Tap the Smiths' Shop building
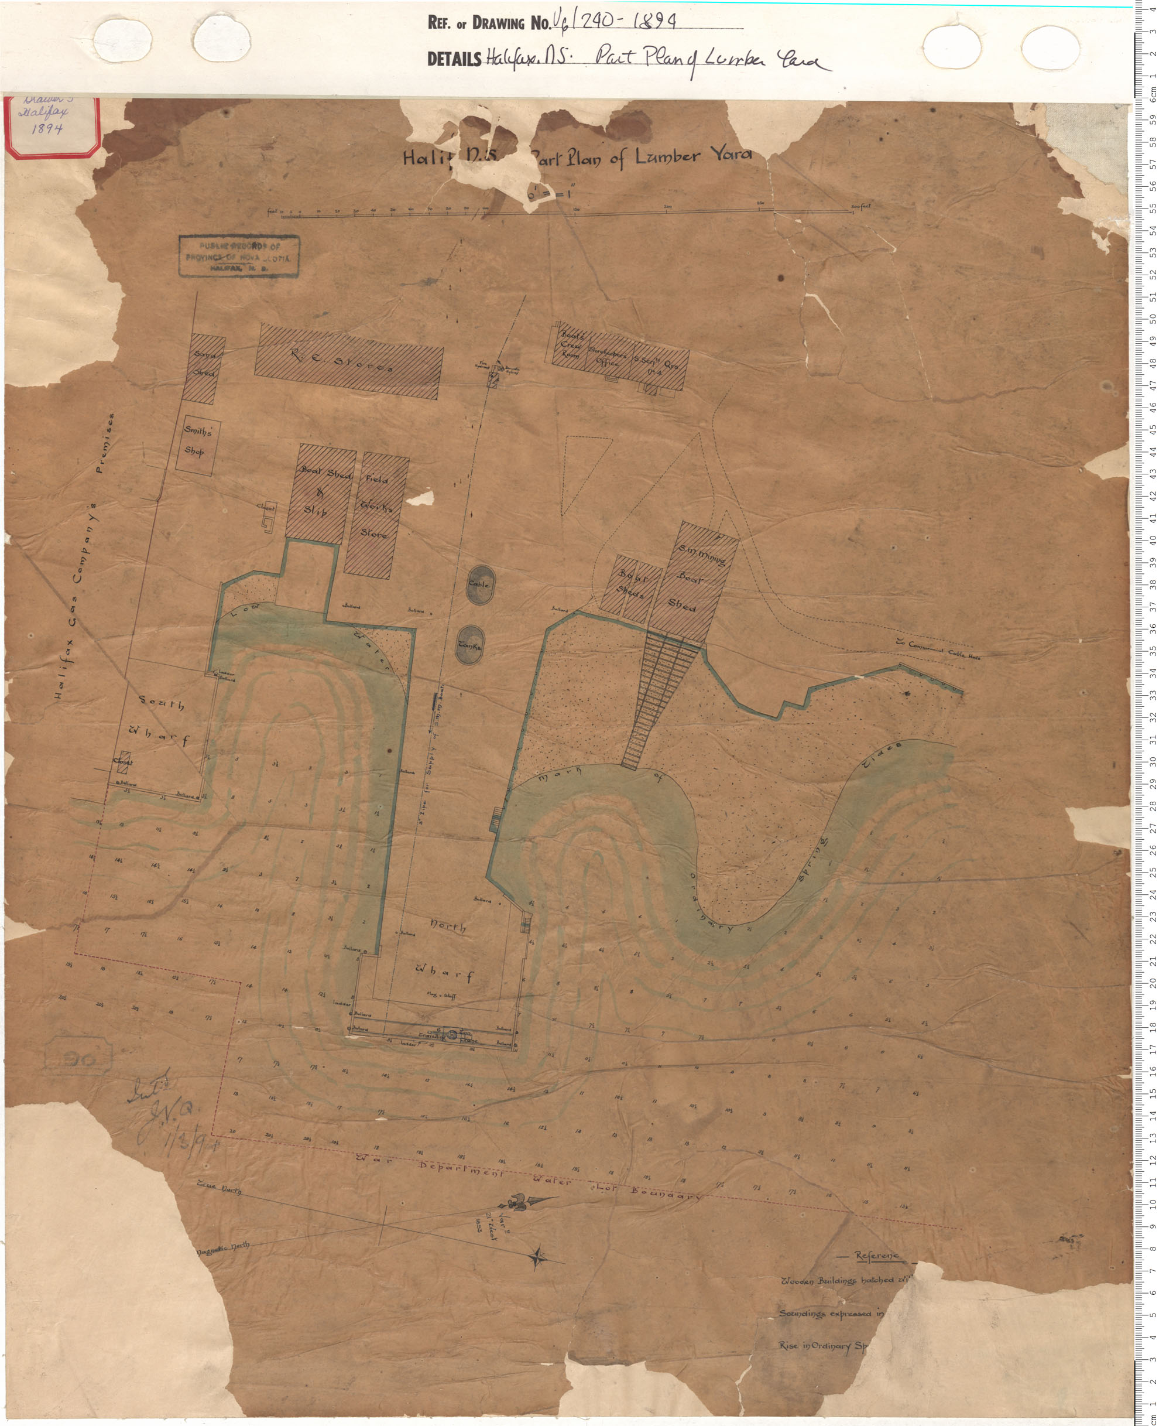click(x=198, y=442)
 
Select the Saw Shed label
click(x=204, y=365)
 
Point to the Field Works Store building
click(x=376, y=507)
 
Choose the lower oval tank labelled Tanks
click(x=471, y=645)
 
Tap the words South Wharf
click(x=163, y=722)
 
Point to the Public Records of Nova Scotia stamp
click(x=238, y=257)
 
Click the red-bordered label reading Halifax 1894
click(x=52, y=127)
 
